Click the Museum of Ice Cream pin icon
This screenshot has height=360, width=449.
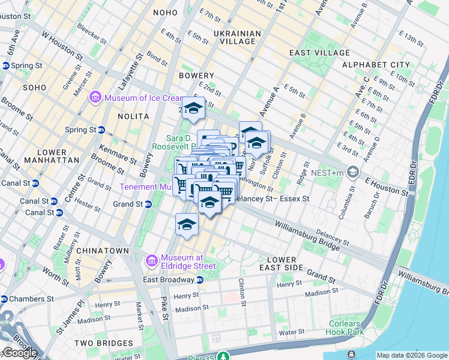[x=95, y=97]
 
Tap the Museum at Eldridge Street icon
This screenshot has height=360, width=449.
[x=152, y=261]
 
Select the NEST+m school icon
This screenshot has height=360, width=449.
[x=352, y=172]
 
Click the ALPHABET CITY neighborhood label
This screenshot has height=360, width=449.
[x=376, y=65]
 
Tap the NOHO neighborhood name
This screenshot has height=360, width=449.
[x=165, y=12]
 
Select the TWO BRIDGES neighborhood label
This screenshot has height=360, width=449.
[x=100, y=343]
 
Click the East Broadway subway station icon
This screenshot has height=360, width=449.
[x=200, y=280]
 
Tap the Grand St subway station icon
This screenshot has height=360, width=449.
[x=149, y=205]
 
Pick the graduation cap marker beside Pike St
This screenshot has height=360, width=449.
[x=187, y=224]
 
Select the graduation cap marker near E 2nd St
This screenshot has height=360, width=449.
[x=193, y=108]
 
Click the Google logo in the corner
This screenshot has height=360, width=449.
[x=19, y=353]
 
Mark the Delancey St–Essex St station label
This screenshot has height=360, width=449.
[x=271, y=199]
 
